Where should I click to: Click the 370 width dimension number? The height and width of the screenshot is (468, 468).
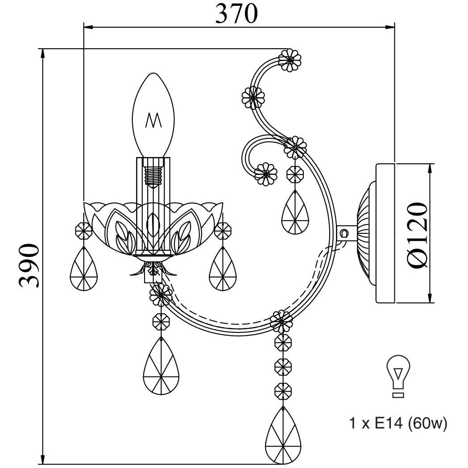(x=236, y=14)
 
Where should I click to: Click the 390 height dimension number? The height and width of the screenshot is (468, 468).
(x=29, y=265)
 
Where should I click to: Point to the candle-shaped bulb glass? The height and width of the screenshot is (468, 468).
(x=153, y=115)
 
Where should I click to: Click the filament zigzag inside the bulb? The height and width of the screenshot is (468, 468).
(x=153, y=120)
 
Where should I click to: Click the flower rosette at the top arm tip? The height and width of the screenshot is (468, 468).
(x=290, y=60)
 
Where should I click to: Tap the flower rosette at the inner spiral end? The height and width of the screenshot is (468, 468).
(x=265, y=174)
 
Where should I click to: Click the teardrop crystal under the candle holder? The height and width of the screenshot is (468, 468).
(x=161, y=366)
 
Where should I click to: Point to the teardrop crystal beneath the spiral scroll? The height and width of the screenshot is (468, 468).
(x=295, y=212)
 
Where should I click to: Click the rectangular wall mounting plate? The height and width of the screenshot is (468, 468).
(x=385, y=233)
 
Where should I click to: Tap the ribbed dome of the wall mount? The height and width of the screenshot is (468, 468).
(x=366, y=233)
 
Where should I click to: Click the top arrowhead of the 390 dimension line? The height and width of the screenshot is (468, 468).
(x=43, y=54)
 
